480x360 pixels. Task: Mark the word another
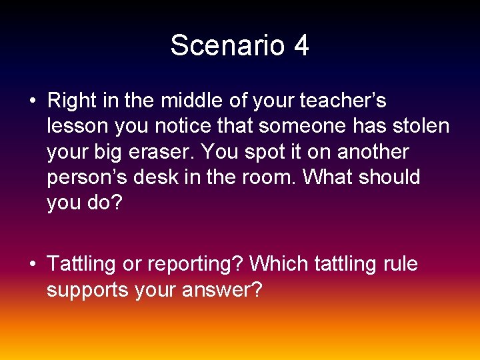coord(373,152)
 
